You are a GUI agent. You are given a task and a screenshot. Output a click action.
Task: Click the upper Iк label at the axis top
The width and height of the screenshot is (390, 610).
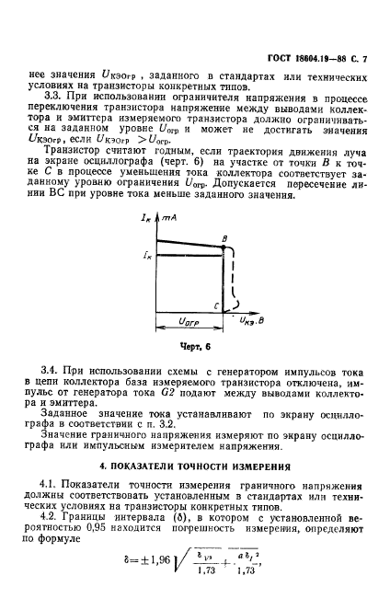[148, 218]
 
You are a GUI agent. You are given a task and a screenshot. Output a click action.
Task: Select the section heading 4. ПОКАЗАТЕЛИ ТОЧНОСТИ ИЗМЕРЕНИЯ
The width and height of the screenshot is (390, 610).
[195, 466]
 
